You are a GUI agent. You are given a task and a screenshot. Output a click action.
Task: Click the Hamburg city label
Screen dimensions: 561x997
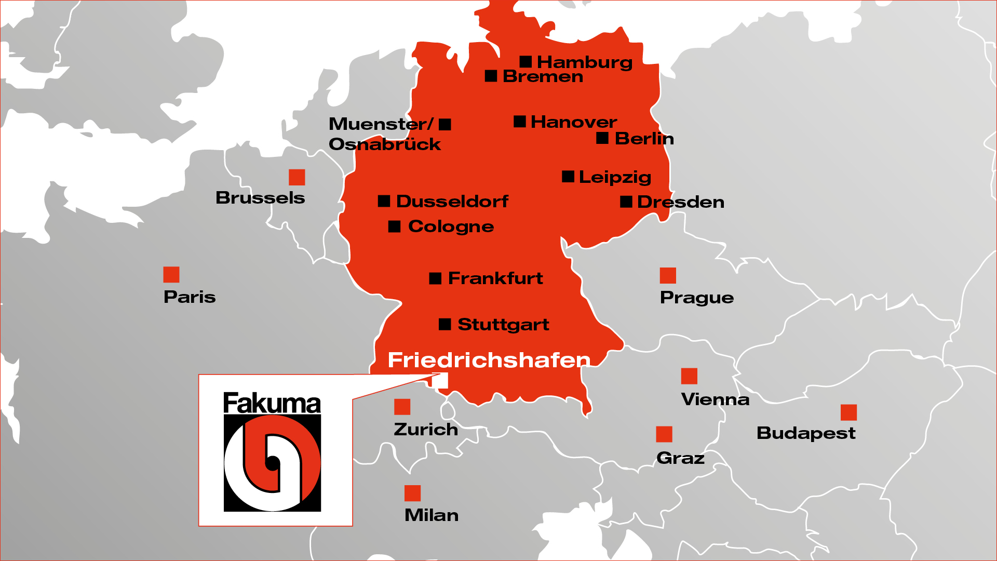click(x=584, y=62)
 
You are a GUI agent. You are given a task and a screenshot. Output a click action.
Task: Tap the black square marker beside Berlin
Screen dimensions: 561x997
click(x=602, y=138)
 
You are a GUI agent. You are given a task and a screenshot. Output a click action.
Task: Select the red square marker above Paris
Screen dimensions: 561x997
click(x=171, y=274)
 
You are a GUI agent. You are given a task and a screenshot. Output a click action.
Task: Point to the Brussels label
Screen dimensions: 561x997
click(x=260, y=198)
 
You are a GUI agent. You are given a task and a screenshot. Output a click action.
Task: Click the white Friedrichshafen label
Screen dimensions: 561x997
click(x=489, y=360)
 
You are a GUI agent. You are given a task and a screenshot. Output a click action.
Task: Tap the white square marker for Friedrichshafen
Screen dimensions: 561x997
click(x=440, y=380)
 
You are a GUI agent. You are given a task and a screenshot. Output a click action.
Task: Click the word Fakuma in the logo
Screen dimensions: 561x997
click(x=272, y=404)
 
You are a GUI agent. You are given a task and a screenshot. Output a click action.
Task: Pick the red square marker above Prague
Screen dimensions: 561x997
click(x=668, y=275)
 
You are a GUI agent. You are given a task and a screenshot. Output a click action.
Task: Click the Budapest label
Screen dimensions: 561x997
click(x=806, y=433)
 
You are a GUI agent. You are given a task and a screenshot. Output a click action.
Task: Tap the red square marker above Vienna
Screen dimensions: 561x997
click(x=689, y=376)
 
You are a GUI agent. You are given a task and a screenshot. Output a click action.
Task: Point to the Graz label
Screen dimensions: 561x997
click(x=680, y=458)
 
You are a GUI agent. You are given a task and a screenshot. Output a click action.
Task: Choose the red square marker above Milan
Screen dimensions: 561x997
click(x=412, y=493)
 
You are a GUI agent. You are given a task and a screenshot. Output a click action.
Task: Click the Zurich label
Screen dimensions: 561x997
click(x=426, y=430)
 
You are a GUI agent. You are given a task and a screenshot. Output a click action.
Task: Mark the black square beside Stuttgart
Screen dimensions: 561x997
click(x=445, y=324)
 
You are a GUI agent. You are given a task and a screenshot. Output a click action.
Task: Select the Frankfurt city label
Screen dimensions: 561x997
click(x=495, y=278)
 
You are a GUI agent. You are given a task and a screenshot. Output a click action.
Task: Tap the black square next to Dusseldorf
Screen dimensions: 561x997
click(x=384, y=201)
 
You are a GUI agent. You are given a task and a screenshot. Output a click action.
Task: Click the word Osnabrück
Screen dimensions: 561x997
click(x=385, y=144)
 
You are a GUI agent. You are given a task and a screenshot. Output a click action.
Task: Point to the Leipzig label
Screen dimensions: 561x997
click(x=615, y=178)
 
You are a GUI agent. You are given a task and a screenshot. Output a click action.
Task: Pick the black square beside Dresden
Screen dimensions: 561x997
click(x=626, y=202)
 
